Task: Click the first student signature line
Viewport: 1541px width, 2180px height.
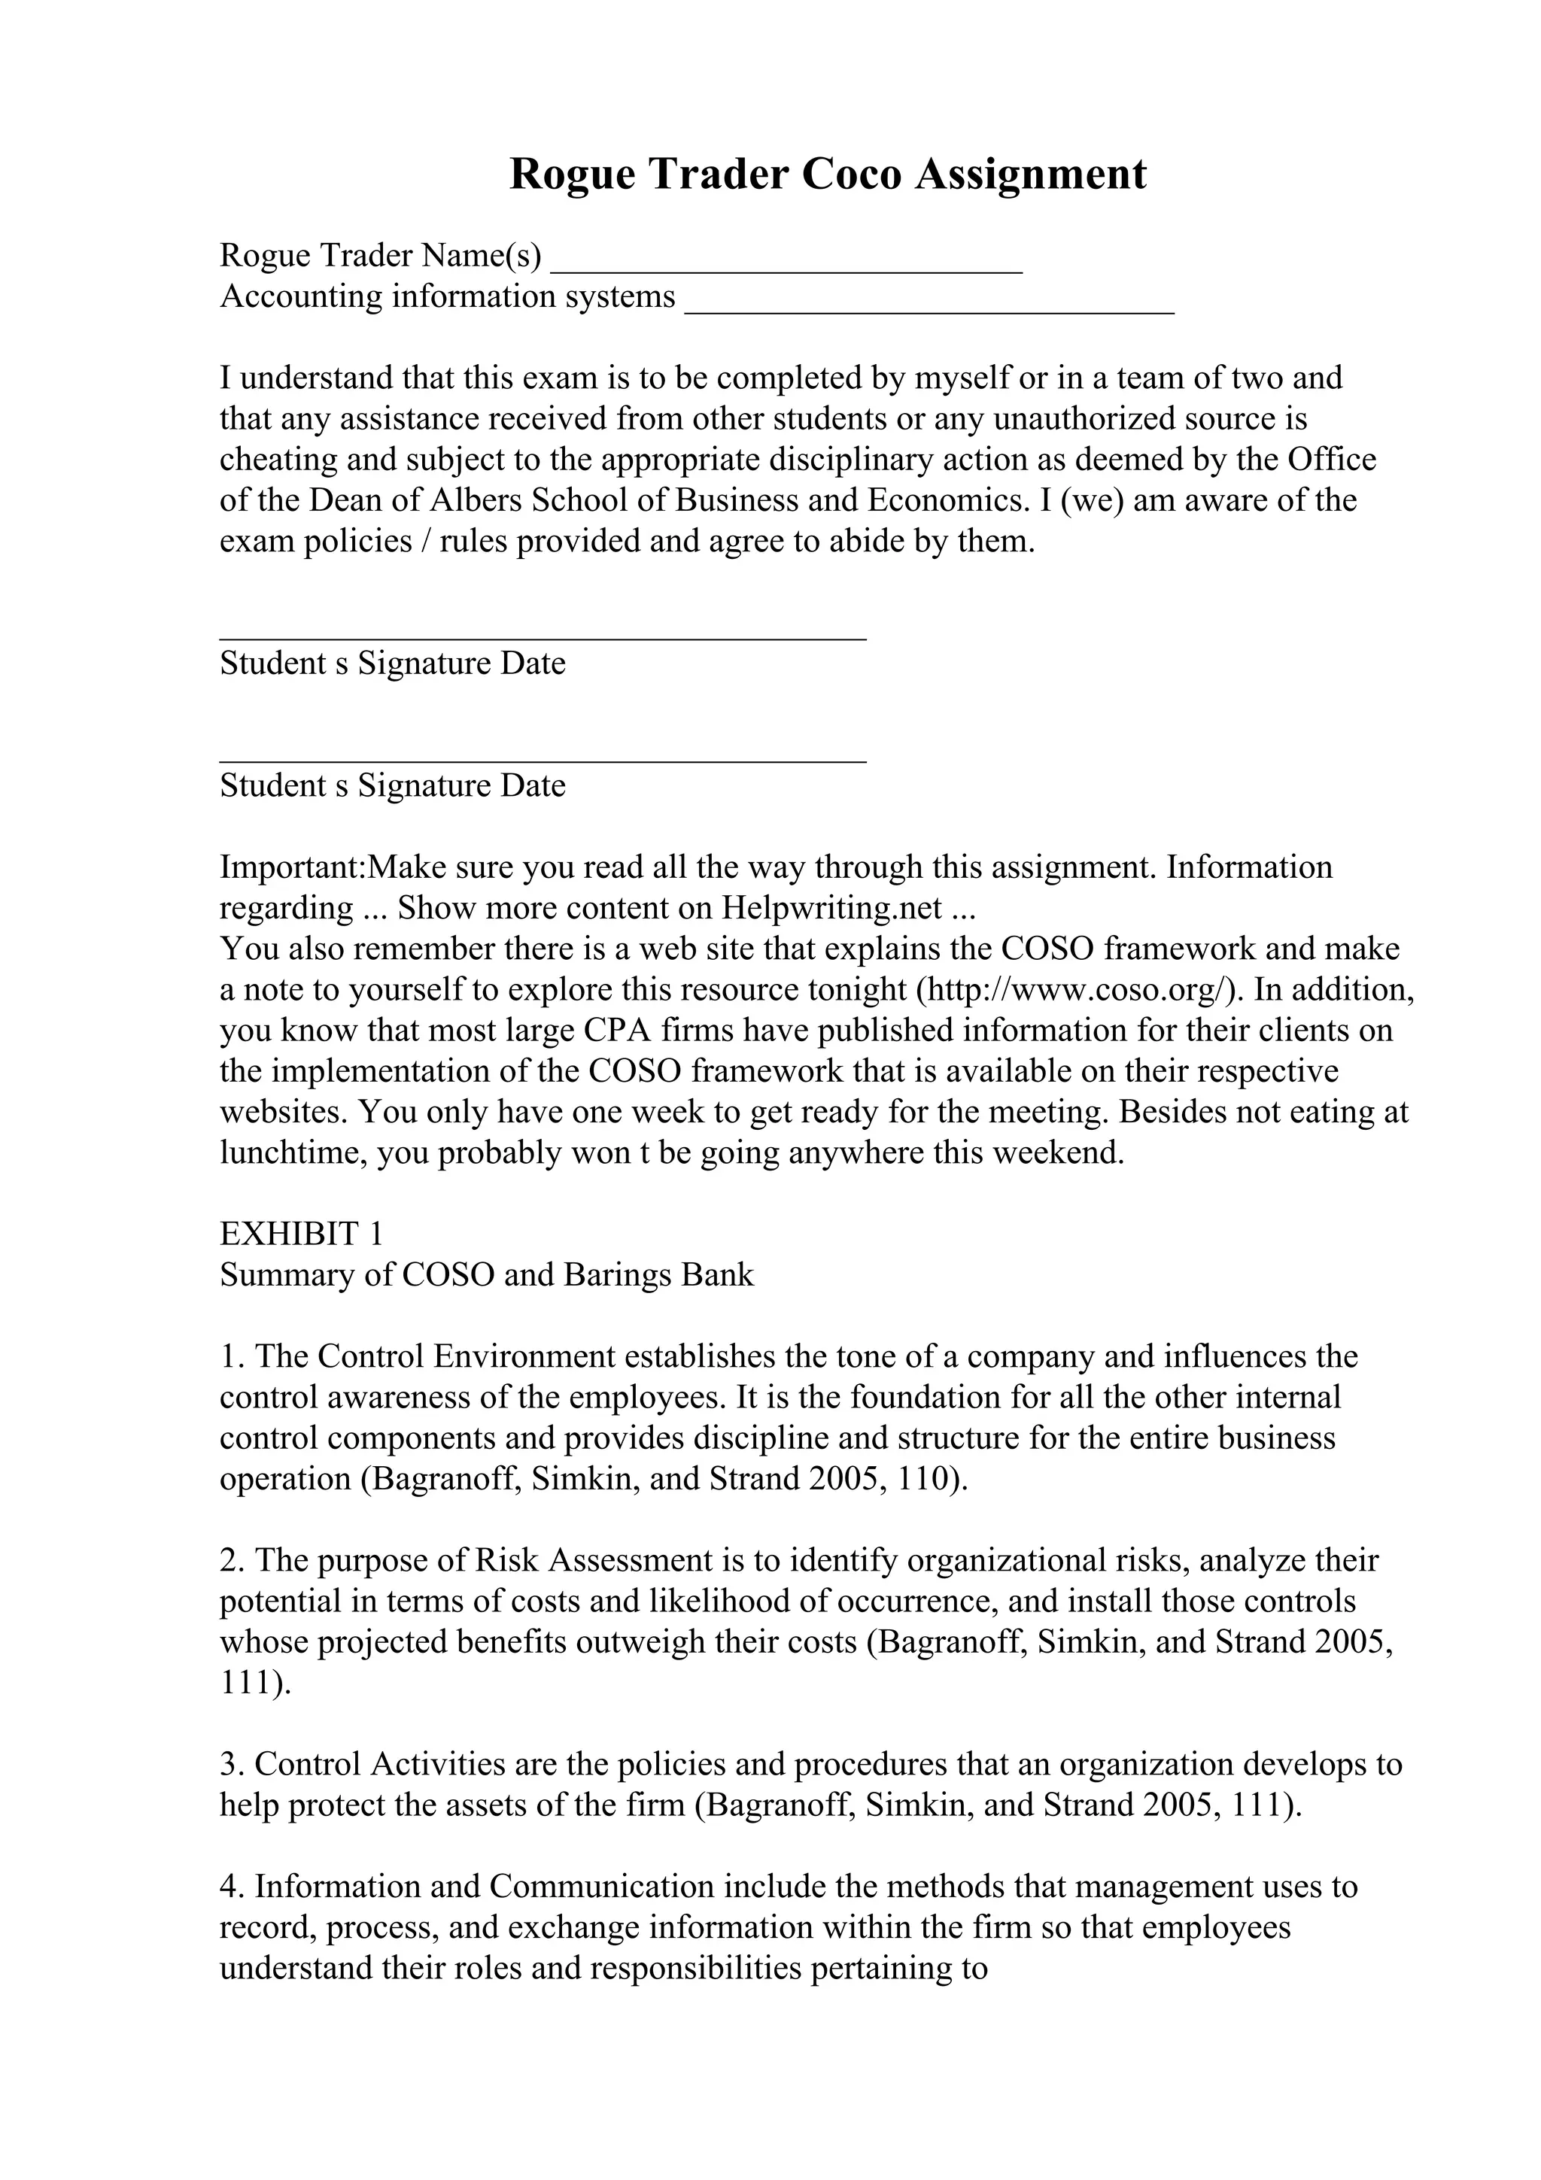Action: click(543, 636)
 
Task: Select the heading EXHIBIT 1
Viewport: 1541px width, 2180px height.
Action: click(301, 1234)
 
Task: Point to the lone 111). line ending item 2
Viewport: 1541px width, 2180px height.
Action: click(254, 1684)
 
